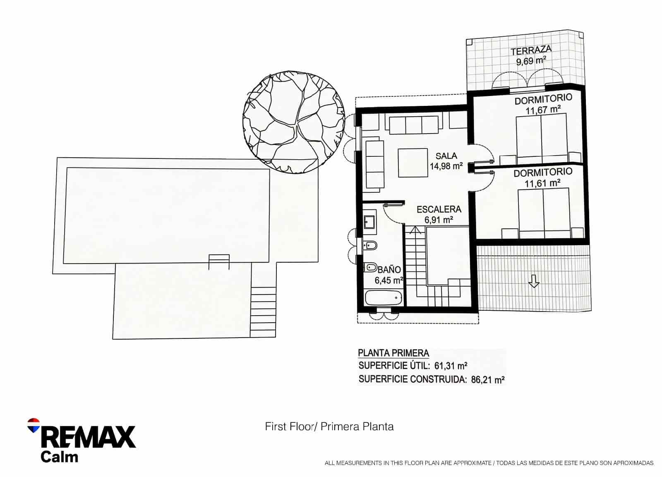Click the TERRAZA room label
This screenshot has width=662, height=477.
tap(531, 50)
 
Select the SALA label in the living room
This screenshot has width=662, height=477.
tap(446, 156)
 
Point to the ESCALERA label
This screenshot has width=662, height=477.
tap(439, 209)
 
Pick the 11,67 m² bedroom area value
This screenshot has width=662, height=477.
tap(543, 110)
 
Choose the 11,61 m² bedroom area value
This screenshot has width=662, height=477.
tap(543, 183)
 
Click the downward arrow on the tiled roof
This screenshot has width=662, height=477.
tap(534, 281)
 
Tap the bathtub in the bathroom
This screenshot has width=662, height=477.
tap(383, 297)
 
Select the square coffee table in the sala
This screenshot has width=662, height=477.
tap(413, 163)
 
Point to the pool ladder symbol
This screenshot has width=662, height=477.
tap(219, 261)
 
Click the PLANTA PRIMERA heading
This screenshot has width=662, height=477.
tap(393, 353)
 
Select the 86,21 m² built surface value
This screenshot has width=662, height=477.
tap(488, 379)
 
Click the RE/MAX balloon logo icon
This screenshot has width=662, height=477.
tap(33, 425)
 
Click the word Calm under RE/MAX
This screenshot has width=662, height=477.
tap(59, 457)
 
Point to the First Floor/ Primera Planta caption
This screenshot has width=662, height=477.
tap(329, 427)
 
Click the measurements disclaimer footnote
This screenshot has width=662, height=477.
tap(489, 463)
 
